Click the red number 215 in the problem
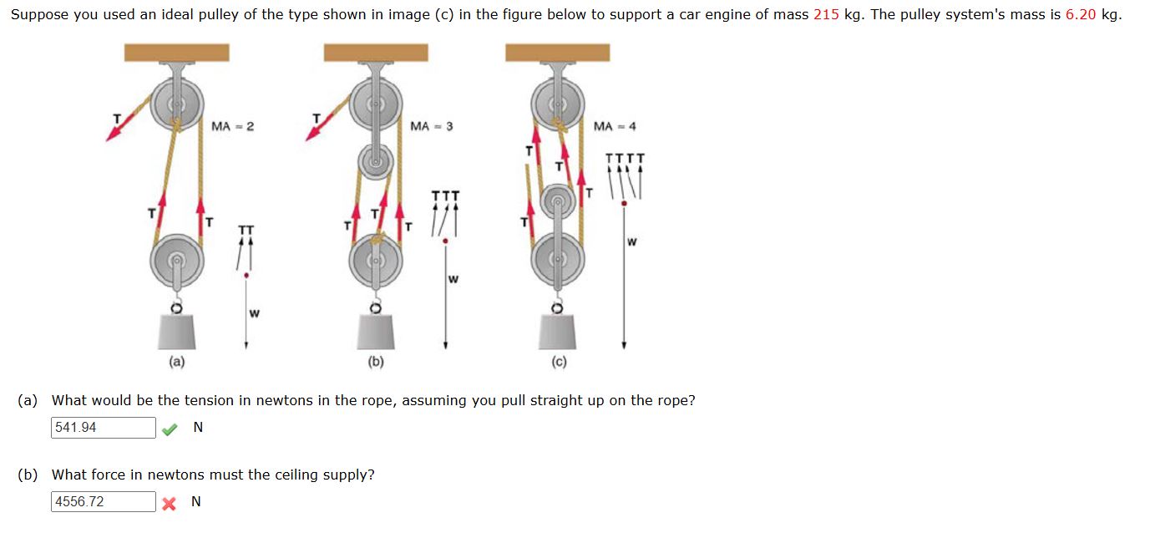(825, 15)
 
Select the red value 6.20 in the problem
(1081, 15)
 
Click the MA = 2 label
(232, 126)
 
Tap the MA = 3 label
(432, 126)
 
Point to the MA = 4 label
(615, 126)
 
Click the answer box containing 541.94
(103, 428)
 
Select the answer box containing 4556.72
(103, 502)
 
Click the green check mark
(170, 429)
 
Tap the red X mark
(170, 503)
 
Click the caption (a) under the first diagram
(176, 362)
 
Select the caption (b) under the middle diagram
(376, 362)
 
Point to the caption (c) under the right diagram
(558, 362)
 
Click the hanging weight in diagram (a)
(176, 332)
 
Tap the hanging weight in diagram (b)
(376, 332)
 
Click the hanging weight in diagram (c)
(558, 332)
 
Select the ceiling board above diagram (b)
(376, 53)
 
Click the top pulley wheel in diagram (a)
(177, 104)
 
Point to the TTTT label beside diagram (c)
(625, 157)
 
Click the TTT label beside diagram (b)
(445, 195)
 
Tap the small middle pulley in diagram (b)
(376, 160)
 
